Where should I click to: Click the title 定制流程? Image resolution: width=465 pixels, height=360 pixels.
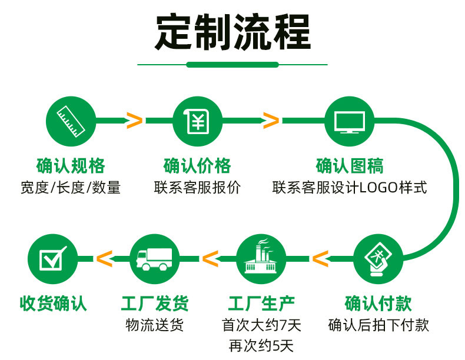tap(233, 32)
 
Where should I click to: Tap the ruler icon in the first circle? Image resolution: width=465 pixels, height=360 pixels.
tap(71, 122)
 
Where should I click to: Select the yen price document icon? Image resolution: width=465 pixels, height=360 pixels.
tap(198, 121)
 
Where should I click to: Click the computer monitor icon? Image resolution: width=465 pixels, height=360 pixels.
tap(350, 122)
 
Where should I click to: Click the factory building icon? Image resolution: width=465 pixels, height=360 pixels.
tap(261, 256)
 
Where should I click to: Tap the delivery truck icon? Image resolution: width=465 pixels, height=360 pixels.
tap(154, 259)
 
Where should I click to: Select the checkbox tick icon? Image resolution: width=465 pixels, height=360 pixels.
tap(53, 258)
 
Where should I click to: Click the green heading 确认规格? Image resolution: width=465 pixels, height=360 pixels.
tap(71, 166)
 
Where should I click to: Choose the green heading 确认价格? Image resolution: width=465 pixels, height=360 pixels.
tap(197, 166)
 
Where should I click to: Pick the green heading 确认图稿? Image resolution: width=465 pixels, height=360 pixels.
tap(350, 166)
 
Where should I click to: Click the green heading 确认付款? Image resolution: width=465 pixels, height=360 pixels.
tap(378, 304)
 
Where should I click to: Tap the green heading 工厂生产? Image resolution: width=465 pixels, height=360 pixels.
tap(261, 304)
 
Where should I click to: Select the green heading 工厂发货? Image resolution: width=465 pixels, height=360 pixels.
tap(155, 304)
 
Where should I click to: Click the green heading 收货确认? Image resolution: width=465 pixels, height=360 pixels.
tap(54, 304)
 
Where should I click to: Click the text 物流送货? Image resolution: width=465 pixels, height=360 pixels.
tap(154, 325)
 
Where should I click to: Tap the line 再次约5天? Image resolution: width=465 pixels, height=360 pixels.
tap(261, 346)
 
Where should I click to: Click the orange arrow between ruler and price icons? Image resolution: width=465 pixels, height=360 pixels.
tap(134, 121)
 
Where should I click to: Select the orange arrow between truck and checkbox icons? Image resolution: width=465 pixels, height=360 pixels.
tap(104, 259)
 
